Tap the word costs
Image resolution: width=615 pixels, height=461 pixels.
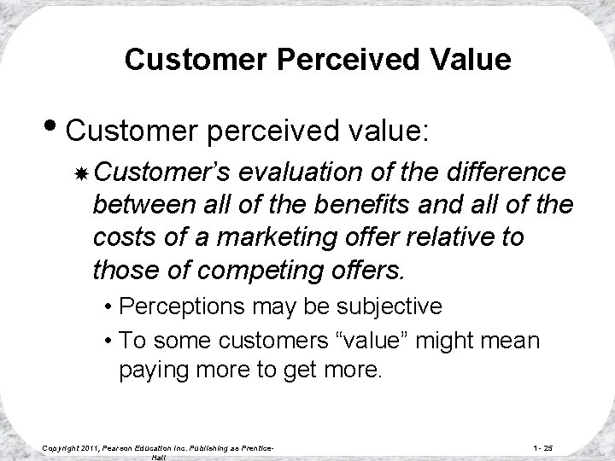pyautogui.click(x=122, y=237)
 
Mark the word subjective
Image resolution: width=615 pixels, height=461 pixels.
pyautogui.click(x=393, y=306)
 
